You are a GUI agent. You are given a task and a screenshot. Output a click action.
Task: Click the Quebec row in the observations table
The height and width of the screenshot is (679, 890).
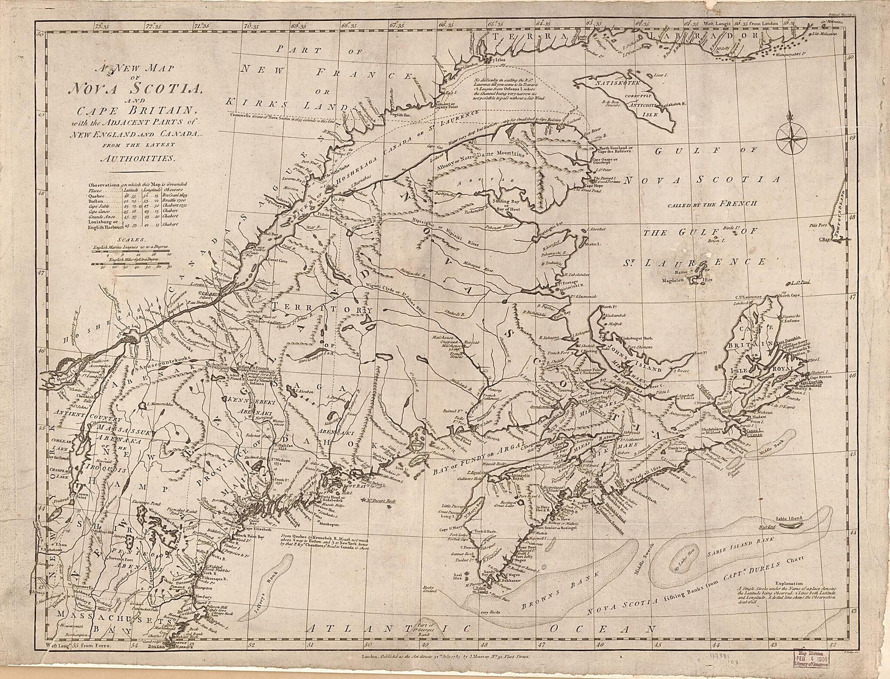click(135, 197)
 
